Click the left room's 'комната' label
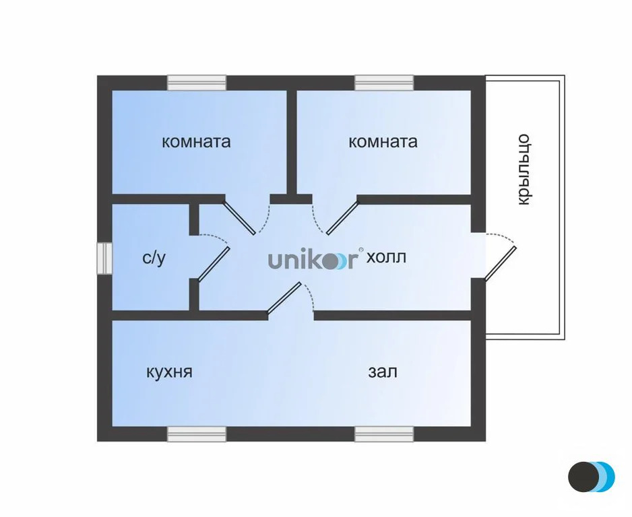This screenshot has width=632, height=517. click(x=196, y=142)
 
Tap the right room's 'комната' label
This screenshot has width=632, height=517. click(x=383, y=142)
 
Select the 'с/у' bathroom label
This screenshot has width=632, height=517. click(x=154, y=258)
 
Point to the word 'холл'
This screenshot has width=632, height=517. click(x=386, y=257)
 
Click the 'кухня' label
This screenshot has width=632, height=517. click(x=169, y=372)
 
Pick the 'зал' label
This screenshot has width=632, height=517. click(x=383, y=372)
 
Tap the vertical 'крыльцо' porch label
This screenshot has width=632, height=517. click(x=523, y=170)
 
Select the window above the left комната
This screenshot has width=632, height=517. click(x=197, y=83)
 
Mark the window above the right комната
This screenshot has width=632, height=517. click(x=384, y=83)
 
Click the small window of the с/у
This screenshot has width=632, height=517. click(x=104, y=258)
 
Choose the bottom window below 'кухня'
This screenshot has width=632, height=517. click(x=197, y=434)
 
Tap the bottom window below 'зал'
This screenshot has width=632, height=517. click(x=384, y=434)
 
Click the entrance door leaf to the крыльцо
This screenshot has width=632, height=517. click(x=500, y=263)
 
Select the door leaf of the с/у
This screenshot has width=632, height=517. click(x=214, y=263)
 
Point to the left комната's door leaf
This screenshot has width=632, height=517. click(x=239, y=217)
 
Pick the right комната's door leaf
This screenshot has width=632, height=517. click(x=342, y=217)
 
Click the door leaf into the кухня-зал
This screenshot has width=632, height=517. click(x=284, y=297)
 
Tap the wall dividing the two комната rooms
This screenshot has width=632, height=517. click(x=292, y=143)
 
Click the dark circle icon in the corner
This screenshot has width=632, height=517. click(x=583, y=477)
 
